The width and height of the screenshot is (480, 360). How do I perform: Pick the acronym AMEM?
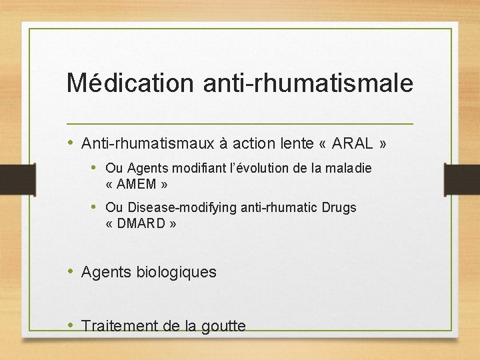tap(140, 184)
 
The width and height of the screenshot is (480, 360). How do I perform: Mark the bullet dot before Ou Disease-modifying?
tap(95, 207)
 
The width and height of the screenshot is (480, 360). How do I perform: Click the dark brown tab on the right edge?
tap(463, 179)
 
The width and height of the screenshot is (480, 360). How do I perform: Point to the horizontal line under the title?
tap(240, 124)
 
